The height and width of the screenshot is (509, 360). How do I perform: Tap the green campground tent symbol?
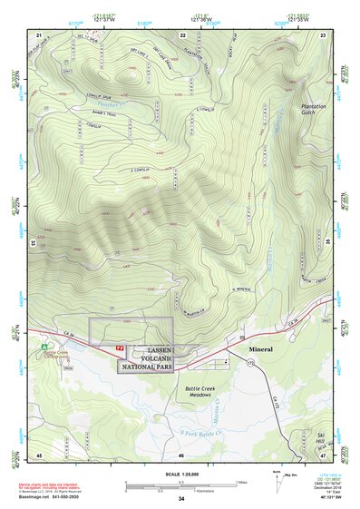click(44, 346)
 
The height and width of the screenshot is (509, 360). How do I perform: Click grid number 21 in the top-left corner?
click(39, 34)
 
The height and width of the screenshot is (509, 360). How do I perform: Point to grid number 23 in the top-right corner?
click(324, 34)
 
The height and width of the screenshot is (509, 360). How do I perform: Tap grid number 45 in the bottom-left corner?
click(39, 454)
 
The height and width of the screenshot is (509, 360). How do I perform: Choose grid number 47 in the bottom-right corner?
click(324, 454)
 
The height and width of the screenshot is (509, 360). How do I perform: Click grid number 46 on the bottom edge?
click(181, 454)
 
